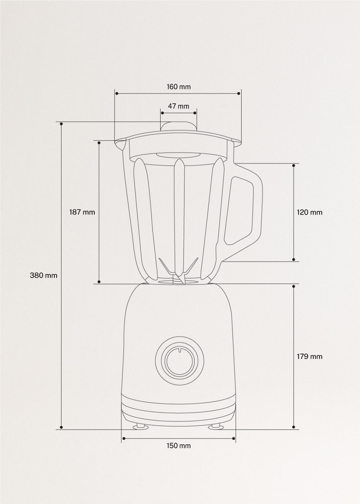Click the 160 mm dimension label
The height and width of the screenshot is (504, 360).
tap(179, 87)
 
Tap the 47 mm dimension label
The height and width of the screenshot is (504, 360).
tap(179, 106)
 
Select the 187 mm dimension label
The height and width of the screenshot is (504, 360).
tap(82, 212)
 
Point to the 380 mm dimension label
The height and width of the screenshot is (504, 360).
tap(44, 275)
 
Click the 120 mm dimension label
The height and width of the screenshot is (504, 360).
tap(310, 212)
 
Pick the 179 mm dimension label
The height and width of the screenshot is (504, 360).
tap(310, 356)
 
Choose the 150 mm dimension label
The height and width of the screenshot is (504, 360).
tap(179, 446)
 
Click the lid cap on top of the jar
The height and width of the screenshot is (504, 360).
tap(179, 127)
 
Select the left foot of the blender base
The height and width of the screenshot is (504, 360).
tap(141, 427)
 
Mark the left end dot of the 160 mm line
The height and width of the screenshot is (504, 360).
tap(117, 94)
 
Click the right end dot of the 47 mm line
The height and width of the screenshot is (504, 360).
tap(195, 113)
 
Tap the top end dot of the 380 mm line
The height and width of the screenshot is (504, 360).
tap(62, 124)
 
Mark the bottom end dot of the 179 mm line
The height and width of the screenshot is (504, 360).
tap(294, 427)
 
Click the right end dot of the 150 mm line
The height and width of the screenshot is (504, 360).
tap(234, 438)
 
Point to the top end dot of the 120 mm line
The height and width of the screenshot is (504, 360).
tap(294, 166)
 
